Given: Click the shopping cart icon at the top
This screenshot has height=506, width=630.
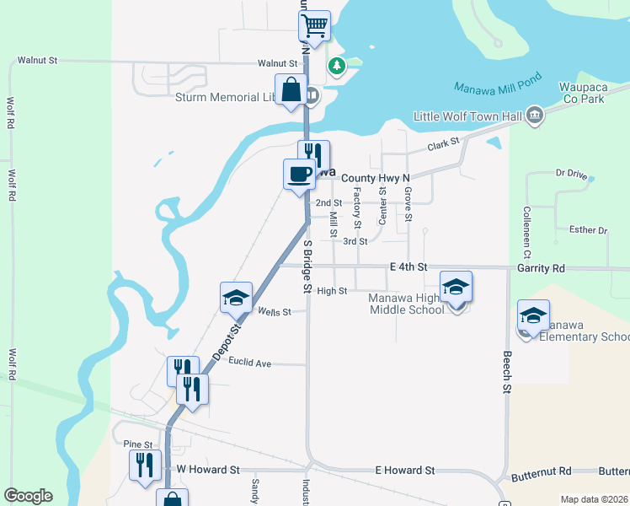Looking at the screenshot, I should click(x=315, y=25).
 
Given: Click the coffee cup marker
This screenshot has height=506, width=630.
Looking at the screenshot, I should click(x=299, y=175).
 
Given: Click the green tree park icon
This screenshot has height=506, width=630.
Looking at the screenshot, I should click(x=337, y=65).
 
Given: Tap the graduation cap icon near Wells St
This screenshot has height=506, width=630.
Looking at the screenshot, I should click(x=237, y=297).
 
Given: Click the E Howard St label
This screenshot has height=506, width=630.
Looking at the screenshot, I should click(x=405, y=470).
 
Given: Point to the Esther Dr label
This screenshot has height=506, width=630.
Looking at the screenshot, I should click(x=589, y=229).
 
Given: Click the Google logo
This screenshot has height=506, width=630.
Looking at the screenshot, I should click(x=28, y=496).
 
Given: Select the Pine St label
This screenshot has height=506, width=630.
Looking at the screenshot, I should click(x=137, y=444).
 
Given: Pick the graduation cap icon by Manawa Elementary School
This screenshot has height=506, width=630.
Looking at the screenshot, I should click(x=533, y=315).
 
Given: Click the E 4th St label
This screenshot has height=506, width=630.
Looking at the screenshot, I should click(x=409, y=267).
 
